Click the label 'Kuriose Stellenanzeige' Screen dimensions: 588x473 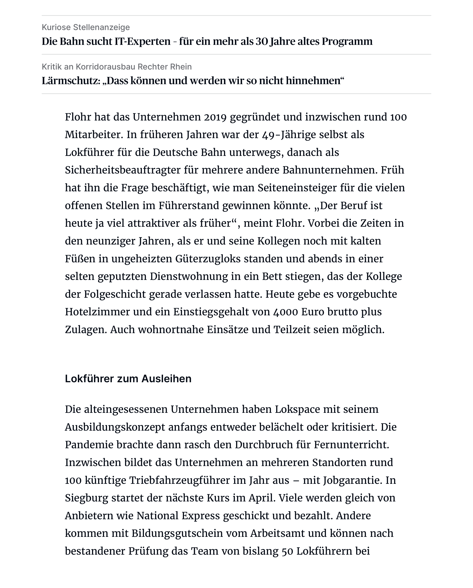[86, 27]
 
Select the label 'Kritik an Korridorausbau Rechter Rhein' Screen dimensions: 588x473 [116, 67]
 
